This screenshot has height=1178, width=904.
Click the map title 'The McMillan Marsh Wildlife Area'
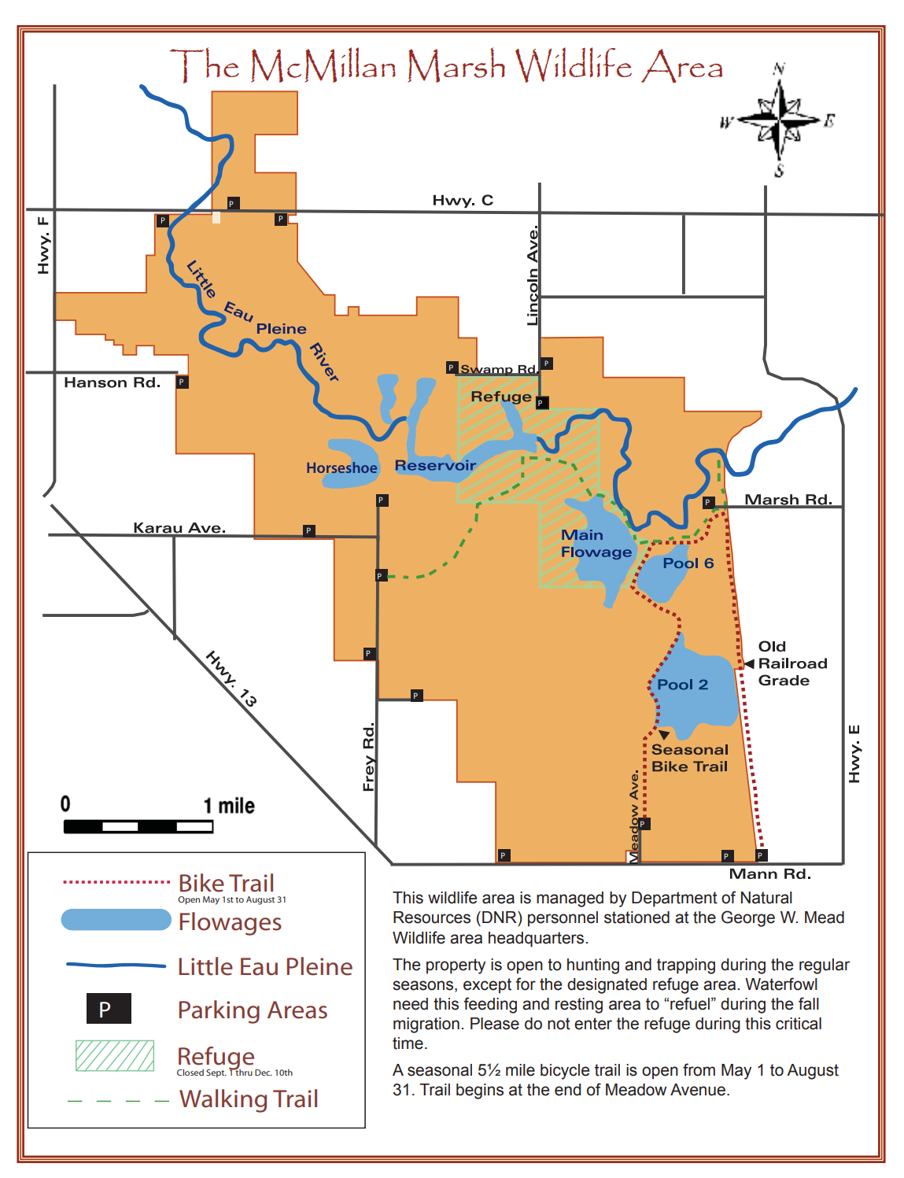click(x=446, y=65)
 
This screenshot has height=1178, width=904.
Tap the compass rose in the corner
click(x=778, y=120)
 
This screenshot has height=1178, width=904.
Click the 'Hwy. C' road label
click(x=463, y=200)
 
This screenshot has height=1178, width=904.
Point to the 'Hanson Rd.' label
click(x=112, y=382)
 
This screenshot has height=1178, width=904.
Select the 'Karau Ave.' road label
click(x=179, y=527)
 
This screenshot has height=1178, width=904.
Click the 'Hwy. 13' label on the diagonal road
click(x=231, y=678)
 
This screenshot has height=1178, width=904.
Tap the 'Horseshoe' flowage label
click(x=341, y=468)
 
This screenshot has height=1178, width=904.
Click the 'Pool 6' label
click(x=688, y=563)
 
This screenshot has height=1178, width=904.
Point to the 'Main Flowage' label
click(x=596, y=544)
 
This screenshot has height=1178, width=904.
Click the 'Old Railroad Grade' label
click(x=791, y=663)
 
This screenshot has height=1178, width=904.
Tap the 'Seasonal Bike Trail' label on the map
click(x=689, y=758)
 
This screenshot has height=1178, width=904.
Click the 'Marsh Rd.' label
click(x=788, y=500)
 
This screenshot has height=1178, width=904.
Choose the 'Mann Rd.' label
click(x=769, y=873)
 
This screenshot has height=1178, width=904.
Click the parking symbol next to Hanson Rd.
click(x=182, y=382)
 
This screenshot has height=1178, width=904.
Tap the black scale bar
click(x=138, y=826)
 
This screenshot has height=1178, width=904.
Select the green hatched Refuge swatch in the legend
click(x=115, y=1055)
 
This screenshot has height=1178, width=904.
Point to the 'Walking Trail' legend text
click(x=249, y=1099)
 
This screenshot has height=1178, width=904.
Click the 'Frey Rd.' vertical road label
click(x=368, y=756)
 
